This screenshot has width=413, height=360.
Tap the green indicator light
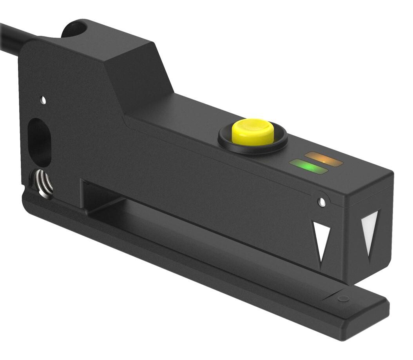click(x=308, y=167)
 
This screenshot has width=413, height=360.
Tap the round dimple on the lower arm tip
click(x=343, y=299)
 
